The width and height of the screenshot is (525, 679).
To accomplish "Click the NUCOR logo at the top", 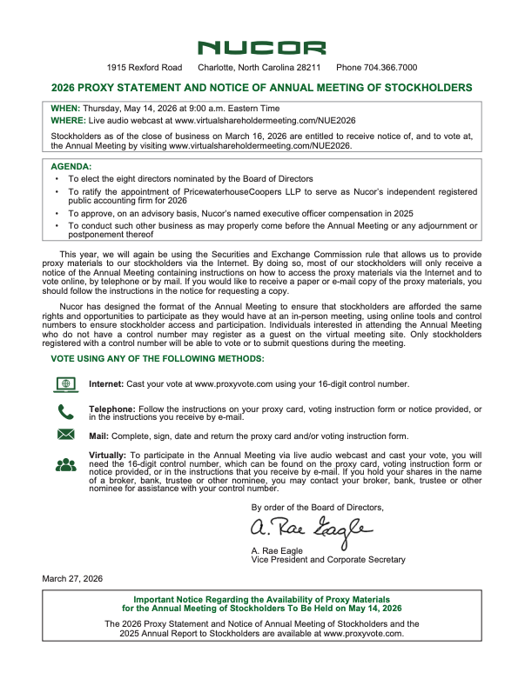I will coord(262,48).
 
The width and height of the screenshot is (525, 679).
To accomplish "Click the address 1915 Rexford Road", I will coord(145,68).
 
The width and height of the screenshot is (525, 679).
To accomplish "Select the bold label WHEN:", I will coord(65,107).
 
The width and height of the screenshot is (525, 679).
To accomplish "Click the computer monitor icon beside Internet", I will coord(65,383).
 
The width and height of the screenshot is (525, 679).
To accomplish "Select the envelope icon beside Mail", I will coord(65,435).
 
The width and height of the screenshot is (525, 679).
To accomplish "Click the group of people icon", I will coord(65,464).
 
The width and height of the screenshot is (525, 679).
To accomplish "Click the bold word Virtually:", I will coord(108,455).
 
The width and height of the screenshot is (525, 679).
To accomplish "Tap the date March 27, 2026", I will coord(72,578).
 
